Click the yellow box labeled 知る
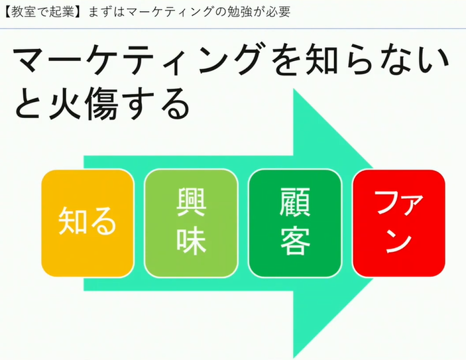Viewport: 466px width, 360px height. click(x=87, y=223)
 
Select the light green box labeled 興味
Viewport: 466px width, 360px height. click(x=191, y=223)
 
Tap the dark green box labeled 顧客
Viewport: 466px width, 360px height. click(x=295, y=223)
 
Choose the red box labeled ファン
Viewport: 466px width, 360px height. click(x=399, y=223)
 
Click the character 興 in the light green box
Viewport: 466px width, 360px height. click(x=191, y=202)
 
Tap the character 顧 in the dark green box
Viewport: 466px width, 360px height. click(x=295, y=202)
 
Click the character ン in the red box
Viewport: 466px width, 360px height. click(x=399, y=241)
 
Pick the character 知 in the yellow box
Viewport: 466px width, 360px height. click(x=72, y=221)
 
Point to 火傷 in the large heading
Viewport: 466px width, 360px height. click(x=84, y=103)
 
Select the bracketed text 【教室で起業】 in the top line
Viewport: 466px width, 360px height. click(x=43, y=12)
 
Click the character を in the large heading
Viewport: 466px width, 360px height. click(x=287, y=59)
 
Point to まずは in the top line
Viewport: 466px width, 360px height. click(x=106, y=12)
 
